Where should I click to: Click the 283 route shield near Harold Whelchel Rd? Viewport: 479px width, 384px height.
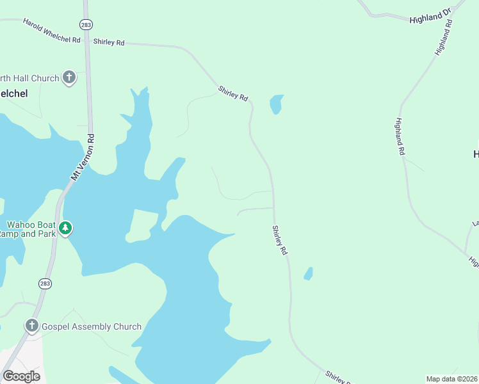click(86, 24)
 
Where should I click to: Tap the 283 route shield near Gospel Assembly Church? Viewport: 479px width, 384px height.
click(45, 282)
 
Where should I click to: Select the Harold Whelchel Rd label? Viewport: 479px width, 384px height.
click(51, 31)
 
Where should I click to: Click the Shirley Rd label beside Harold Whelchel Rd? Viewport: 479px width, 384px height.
click(109, 42)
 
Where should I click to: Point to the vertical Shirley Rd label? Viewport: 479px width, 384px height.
click(279, 241)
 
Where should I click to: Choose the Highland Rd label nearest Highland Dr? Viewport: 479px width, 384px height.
click(444, 37)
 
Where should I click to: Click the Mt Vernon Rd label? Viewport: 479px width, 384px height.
click(83, 156)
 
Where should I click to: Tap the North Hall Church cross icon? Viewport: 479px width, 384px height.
click(69, 78)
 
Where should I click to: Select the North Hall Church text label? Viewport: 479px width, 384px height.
click(29, 78)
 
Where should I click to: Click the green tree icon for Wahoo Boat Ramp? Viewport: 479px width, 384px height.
click(65, 228)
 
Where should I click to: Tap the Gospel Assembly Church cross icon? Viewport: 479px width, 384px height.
click(31, 326)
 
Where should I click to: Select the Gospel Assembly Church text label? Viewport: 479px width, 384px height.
click(92, 326)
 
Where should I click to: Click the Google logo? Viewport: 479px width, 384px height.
click(21, 376)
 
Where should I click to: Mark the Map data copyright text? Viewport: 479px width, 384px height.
click(451, 379)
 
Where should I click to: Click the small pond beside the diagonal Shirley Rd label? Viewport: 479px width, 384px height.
click(276, 103)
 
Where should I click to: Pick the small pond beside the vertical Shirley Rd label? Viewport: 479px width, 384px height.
click(308, 273)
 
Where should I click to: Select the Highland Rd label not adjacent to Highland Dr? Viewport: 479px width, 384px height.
click(401, 138)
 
